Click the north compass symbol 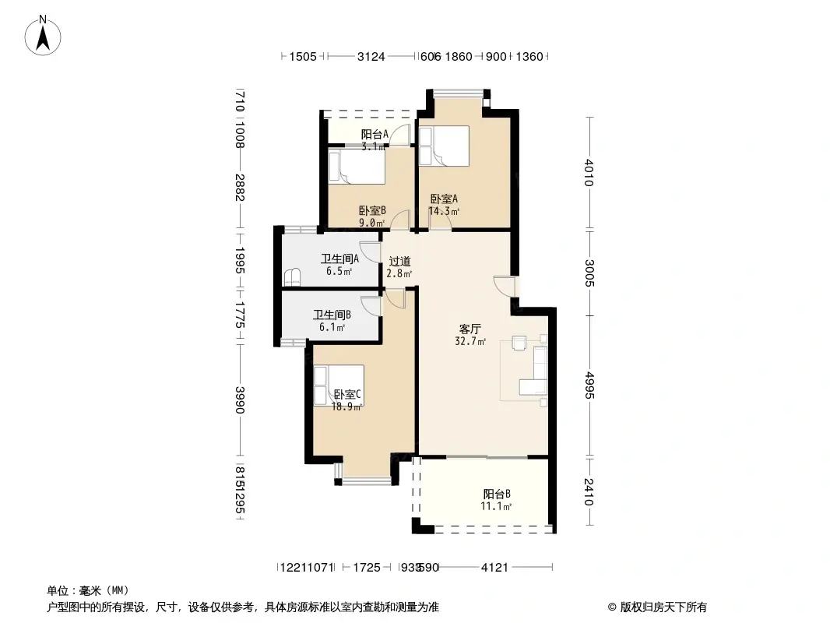click(x=45, y=34)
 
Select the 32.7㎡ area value click(x=470, y=341)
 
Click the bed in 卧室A click(x=444, y=147)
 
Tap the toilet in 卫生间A click(x=293, y=277)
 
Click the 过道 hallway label click(x=399, y=262)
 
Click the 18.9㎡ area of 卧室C click(x=346, y=407)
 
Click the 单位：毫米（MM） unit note click(x=87, y=590)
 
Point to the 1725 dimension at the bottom click(x=366, y=568)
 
